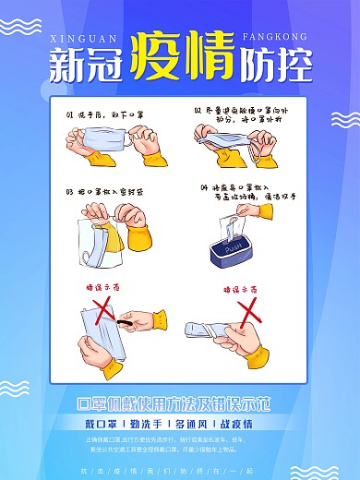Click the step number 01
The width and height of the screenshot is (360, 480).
[71, 116]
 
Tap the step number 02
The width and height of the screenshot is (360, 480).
[198, 109]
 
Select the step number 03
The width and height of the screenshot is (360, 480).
[69, 192]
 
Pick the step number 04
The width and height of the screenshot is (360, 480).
[205, 187]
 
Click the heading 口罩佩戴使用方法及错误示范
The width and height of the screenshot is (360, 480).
[179, 403]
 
